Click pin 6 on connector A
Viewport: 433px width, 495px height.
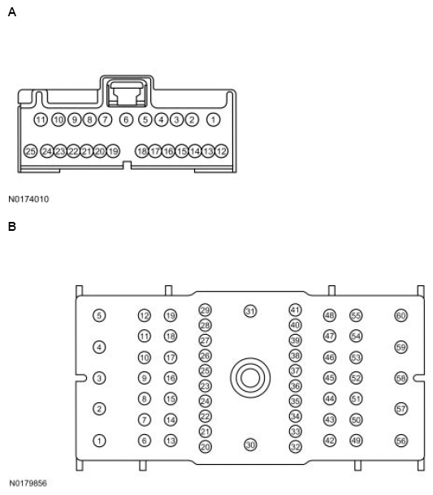coord(126,119)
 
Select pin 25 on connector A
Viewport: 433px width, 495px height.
coord(30,151)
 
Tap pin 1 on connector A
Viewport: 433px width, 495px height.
coord(214,119)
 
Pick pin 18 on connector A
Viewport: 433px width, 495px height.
coord(141,151)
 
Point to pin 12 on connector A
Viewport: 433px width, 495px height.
coord(222,151)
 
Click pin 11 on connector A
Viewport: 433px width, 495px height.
coord(41,119)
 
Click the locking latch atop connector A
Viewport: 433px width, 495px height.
coord(127,93)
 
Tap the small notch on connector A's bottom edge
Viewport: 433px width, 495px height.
coord(127,165)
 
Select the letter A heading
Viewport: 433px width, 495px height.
coord(12,12)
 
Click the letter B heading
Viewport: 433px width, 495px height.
coord(12,226)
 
